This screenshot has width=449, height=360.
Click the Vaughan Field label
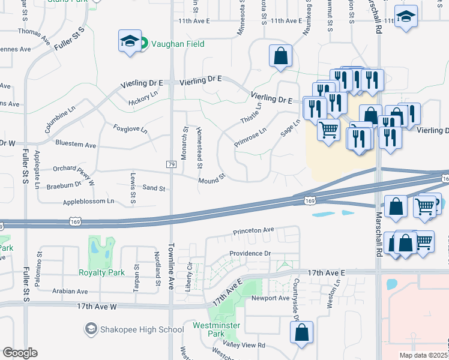click(x=177, y=44)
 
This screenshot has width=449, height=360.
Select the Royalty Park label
click(x=102, y=272)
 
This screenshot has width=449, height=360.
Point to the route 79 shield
click(x=171, y=164)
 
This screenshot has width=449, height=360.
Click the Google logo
click(x=20, y=353)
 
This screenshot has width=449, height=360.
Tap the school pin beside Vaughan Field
click(x=129, y=41)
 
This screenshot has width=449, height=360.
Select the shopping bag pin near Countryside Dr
click(x=301, y=332)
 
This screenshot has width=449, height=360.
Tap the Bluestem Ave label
click(x=75, y=145)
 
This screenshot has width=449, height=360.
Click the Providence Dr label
click(x=250, y=253)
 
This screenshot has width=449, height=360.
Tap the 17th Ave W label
click(x=96, y=306)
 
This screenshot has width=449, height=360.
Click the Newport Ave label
click(x=271, y=298)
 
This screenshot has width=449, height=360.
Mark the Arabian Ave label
click(x=70, y=291)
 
